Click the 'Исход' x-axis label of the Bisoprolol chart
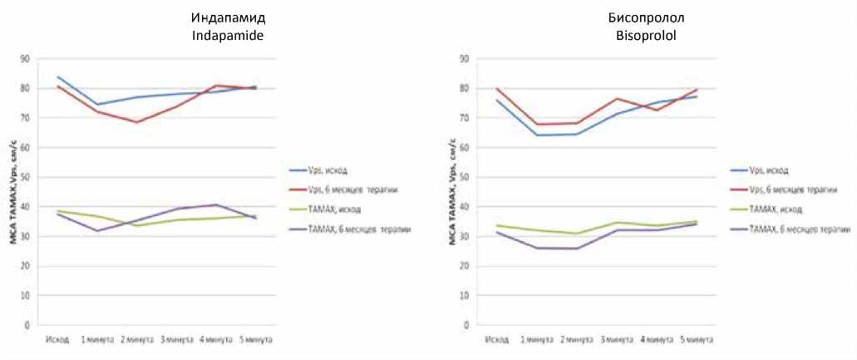(497, 341)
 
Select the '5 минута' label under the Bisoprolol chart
(697, 341)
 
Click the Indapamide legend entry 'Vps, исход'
(324, 170)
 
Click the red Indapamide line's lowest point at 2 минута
(135, 122)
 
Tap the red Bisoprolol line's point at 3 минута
(617, 99)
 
